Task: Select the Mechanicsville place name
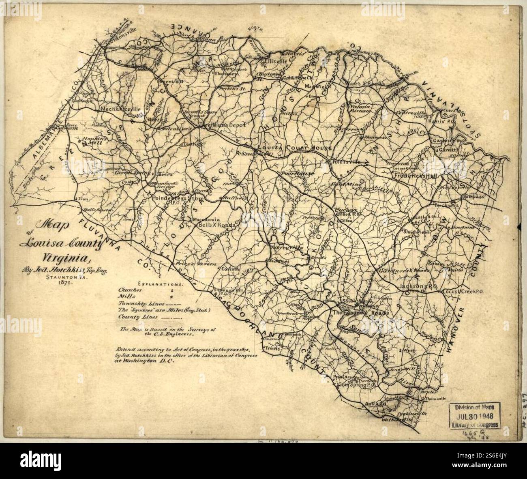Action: click(120, 109)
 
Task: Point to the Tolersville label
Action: click(346, 161)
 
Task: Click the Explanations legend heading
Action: click(161, 284)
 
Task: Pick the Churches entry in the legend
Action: click(129, 290)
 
